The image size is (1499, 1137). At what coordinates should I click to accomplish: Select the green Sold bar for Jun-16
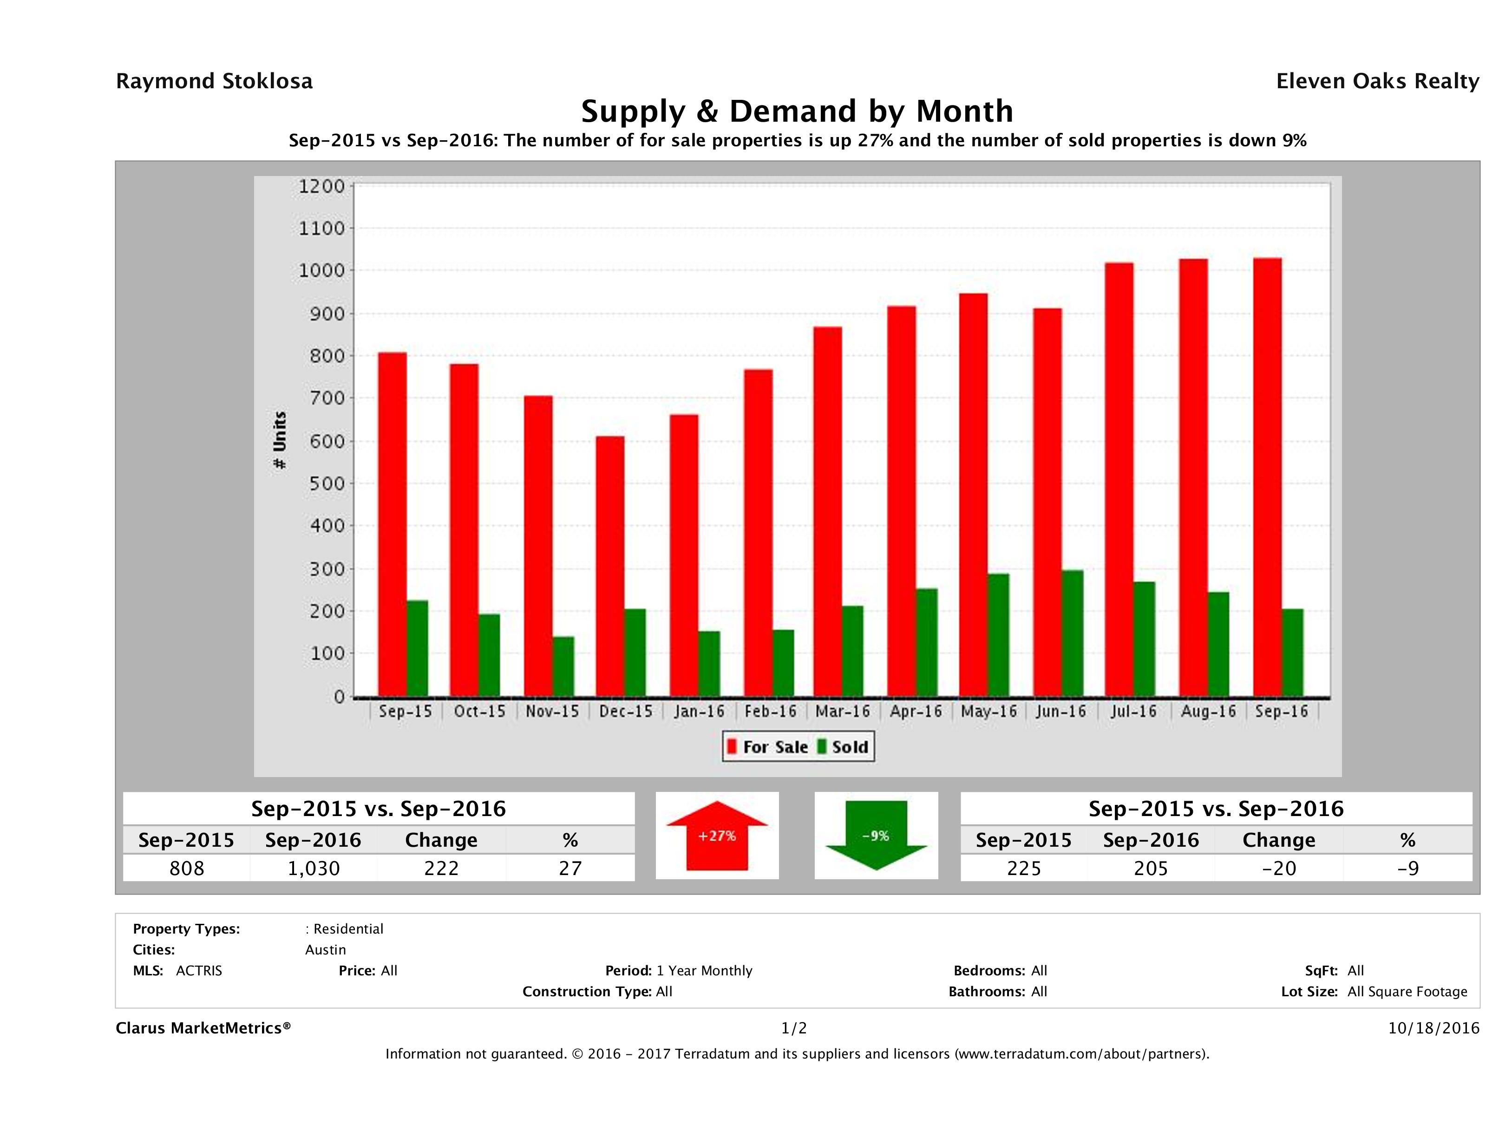[1072, 633]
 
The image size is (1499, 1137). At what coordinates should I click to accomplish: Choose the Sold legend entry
[843, 747]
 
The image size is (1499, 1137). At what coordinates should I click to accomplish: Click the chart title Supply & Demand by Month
[797, 111]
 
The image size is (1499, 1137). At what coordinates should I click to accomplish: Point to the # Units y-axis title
[279, 440]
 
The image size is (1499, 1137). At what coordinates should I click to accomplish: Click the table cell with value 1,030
[313, 868]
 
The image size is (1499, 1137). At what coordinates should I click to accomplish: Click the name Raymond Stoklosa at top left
[214, 81]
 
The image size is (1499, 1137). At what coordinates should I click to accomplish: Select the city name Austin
[325, 949]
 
